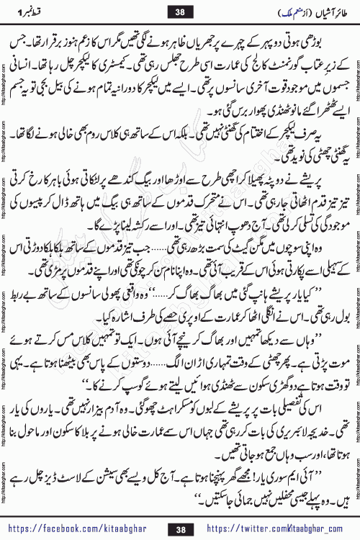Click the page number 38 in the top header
181,10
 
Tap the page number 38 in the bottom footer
181,528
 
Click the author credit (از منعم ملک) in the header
256,10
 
